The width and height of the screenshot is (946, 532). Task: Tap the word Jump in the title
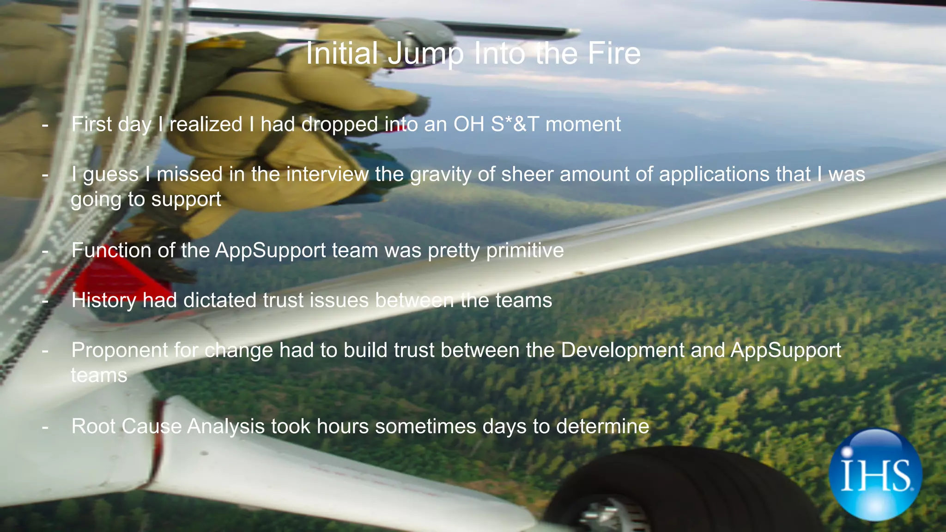[425, 54]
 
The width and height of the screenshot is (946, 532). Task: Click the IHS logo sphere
[875, 475]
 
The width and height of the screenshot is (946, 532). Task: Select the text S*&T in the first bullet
[515, 124]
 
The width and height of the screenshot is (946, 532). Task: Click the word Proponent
[120, 351]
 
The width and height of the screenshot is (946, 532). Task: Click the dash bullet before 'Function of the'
[45, 251]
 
